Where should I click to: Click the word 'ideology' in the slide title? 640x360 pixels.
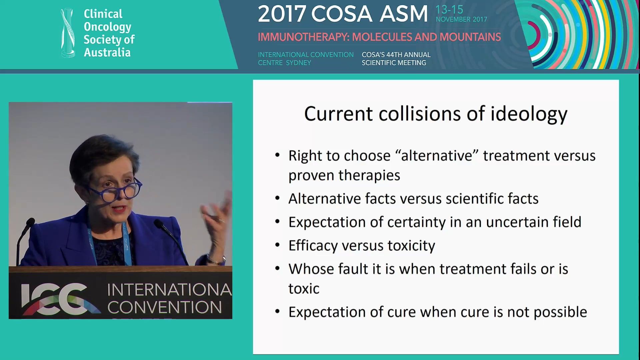pos(529,114)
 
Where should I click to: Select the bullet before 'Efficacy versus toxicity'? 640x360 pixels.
pos(277,245)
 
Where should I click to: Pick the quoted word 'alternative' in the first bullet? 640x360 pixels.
pos(437,156)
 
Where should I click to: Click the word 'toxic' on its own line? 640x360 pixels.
pos(304,289)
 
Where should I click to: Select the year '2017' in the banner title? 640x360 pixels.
pos(282,14)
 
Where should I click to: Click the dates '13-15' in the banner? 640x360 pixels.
pos(449,10)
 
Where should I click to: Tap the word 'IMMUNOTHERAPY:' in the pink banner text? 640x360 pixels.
pos(304,37)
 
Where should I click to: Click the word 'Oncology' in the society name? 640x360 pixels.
pos(107,27)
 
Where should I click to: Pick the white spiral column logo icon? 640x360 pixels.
pos(68,33)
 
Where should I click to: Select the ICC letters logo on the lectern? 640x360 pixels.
pos(58,299)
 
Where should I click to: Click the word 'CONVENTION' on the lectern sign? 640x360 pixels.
pos(164,307)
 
